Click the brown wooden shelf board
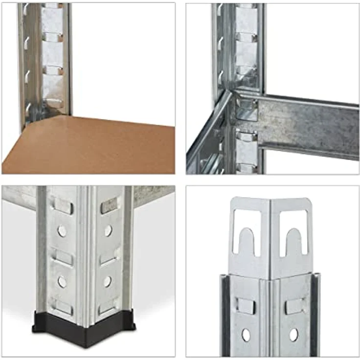point(93,147)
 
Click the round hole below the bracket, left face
point(246,335)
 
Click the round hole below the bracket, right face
point(293,335)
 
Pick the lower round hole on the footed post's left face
point(62,281)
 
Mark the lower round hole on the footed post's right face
point(107,281)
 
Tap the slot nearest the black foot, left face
point(63,308)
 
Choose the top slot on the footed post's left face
point(63,205)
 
